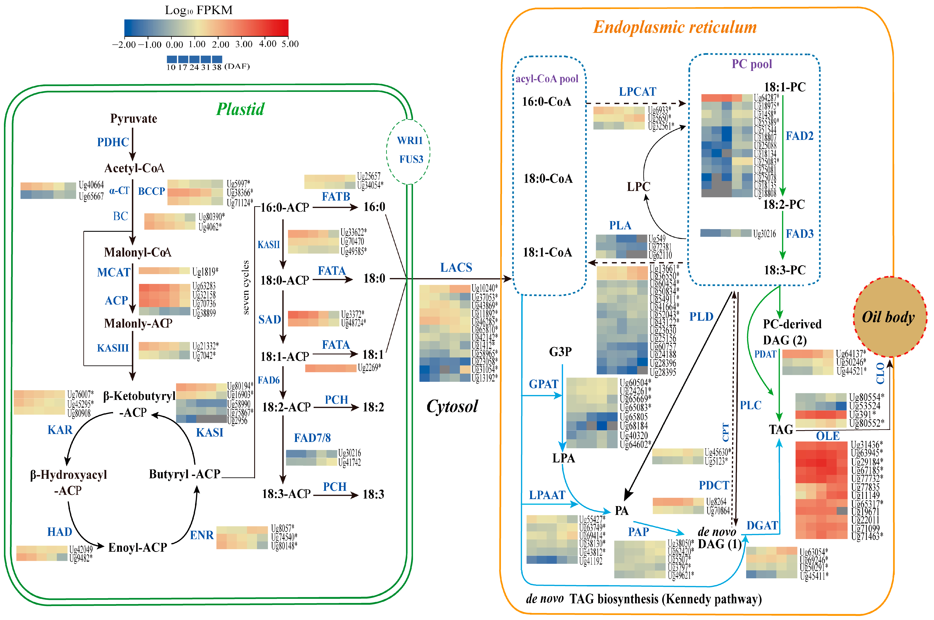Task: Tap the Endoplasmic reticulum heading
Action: tap(675, 27)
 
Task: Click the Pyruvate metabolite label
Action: tap(134, 119)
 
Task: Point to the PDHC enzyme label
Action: tap(113, 142)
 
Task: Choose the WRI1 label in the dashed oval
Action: tap(410, 140)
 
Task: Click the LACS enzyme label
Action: tap(456, 268)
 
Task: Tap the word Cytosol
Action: tap(452, 407)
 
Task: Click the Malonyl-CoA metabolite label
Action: tap(137, 252)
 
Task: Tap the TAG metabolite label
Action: tap(781, 429)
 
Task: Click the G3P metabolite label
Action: tap(560, 352)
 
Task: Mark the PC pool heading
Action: tap(752, 64)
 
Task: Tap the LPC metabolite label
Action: tap(638, 187)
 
